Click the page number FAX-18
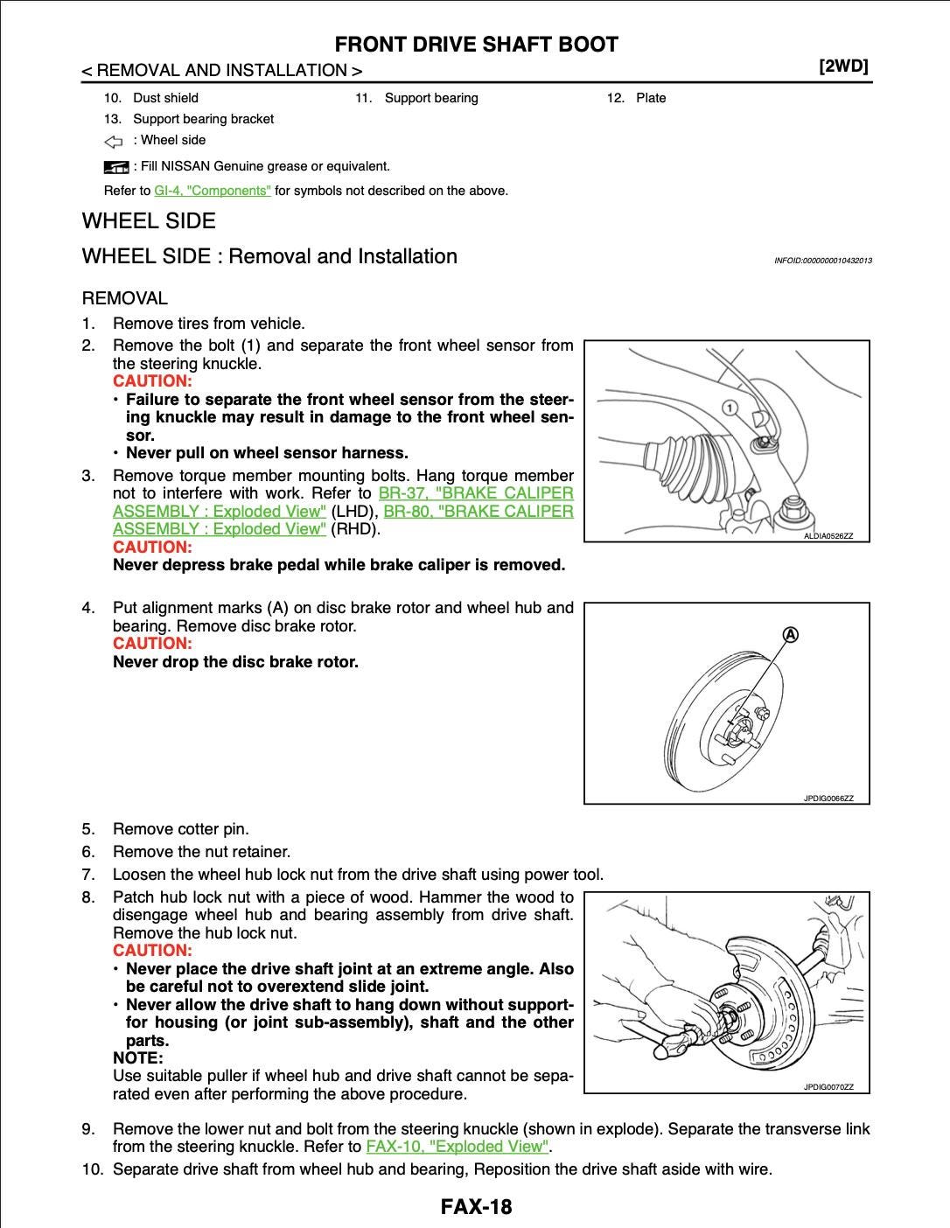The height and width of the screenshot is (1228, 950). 476,1207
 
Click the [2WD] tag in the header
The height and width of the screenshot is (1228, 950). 843,68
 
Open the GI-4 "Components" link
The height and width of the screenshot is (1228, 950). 213,191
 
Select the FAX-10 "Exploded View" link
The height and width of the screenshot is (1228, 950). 458,1147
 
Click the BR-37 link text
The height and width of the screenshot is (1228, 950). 402,493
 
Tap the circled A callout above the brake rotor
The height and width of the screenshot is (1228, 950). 789,633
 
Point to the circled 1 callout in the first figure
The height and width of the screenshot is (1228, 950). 729,408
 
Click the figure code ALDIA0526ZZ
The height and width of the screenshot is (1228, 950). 827,534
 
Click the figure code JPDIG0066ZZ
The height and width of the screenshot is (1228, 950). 828,799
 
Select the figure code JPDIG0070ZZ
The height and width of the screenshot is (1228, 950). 828,1087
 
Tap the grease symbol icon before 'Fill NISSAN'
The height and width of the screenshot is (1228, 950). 115,166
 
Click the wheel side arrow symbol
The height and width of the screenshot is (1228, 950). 114,141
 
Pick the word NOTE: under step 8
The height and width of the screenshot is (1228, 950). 138,1058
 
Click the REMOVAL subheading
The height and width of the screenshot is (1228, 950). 124,298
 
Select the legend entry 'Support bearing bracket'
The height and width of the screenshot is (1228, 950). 203,119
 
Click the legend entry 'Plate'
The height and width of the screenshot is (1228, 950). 651,98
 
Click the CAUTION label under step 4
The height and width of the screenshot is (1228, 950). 151,644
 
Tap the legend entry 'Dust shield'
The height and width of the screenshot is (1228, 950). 165,98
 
